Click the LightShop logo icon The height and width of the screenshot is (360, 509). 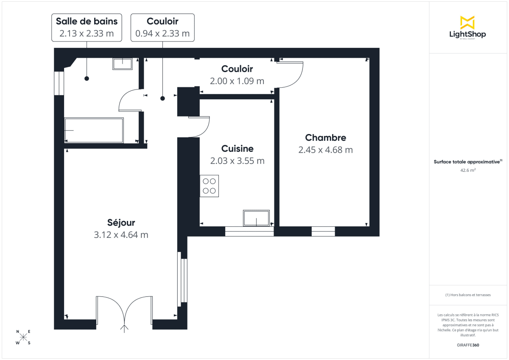coord(467,22)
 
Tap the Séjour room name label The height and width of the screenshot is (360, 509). coord(121,223)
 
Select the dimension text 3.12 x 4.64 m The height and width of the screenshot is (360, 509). coord(121,235)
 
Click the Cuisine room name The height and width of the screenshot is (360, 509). coord(237,148)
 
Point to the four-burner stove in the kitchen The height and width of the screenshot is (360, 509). coord(210,186)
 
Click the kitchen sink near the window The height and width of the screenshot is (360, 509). coord(256,218)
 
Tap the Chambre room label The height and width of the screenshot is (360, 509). coord(325,137)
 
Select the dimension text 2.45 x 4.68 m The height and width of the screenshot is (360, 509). coord(325,150)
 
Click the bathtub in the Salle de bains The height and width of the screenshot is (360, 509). coord(94,130)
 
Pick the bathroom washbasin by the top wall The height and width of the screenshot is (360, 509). coord(123,64)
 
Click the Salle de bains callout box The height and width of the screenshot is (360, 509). coord(87,27)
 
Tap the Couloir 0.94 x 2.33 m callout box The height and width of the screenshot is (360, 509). coord(162,27)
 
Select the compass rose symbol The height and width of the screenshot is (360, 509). coord(23,337)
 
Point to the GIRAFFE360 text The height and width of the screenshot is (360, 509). coord(468,345)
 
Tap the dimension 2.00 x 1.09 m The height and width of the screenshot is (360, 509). coord(237,81)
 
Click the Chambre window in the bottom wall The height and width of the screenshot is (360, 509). coord(323,232)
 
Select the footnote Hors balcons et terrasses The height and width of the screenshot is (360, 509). coord(468,295)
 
